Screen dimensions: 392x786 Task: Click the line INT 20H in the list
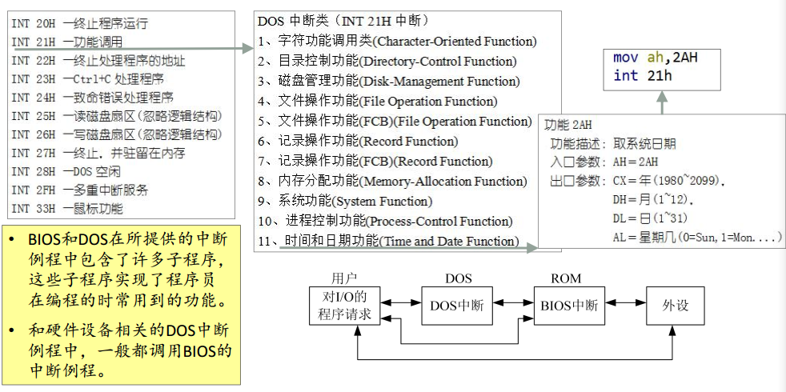79,24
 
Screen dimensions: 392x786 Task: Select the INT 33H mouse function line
67,209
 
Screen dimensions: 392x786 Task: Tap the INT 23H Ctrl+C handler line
87,78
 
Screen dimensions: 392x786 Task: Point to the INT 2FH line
79,190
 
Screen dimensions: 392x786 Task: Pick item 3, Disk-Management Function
388,81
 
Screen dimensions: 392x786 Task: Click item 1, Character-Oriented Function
397,41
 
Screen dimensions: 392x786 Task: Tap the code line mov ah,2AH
656,58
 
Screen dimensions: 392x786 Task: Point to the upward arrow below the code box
662,100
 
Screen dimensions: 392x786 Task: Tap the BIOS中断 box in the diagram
569,305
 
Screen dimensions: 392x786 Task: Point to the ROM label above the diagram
566,278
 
